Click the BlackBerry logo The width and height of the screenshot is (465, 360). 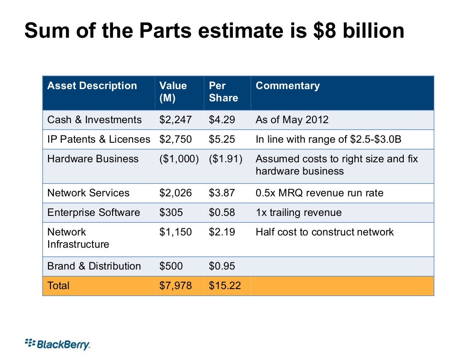(58, 344)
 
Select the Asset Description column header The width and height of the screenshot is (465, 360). (92, 86)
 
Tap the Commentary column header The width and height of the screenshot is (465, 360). (287, 86)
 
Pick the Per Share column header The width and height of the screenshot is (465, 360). (223, 92)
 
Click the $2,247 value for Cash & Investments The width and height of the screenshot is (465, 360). (175, 120)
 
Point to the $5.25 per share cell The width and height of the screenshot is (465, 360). (222, 140)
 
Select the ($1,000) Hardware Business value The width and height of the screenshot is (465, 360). (178, 159)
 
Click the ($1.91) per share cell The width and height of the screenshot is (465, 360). (226, 159)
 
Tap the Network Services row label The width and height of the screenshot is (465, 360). (88, 193)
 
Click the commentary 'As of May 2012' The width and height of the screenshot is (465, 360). (292, 120)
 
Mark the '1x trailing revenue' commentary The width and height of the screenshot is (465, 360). (298, 213)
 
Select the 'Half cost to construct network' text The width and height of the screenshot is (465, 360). (325, 232)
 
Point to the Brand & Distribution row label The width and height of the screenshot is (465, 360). (94, 266)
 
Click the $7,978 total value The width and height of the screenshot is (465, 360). (175, 286)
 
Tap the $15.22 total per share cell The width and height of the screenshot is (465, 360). (224, 286)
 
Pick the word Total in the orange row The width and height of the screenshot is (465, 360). (59, 286)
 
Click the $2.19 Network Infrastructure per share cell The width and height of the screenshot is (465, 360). (222, 232)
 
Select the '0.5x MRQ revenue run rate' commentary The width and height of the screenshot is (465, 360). (319, 193)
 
